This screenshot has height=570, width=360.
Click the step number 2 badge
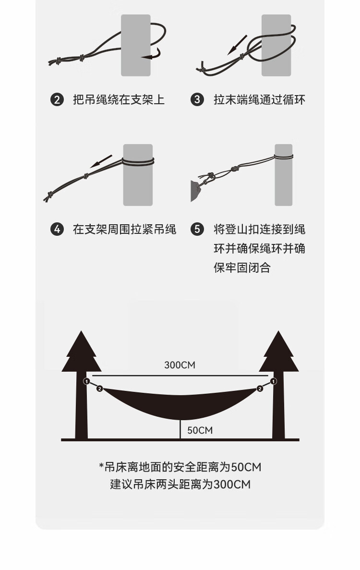click(57, 100)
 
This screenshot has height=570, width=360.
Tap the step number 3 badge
click(197, 100)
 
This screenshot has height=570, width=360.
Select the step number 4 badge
click(57, 230)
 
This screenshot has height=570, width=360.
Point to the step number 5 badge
click(197, 230)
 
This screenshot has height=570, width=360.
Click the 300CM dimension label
click(180, 365)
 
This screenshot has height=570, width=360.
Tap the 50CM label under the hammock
click(200, 430)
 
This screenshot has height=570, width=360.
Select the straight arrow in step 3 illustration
click(237, 44)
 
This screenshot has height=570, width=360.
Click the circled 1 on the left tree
click(86, 382)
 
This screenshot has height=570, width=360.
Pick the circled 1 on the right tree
click(273, 382)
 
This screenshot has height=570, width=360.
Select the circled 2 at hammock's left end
click(99, 388)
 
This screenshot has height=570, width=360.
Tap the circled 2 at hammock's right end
click(260, 388)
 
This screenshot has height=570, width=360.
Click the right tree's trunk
click(278, 413)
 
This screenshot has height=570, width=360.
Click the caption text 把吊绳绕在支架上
click(119, 100)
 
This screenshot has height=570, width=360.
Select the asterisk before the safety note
click(101, 466)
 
